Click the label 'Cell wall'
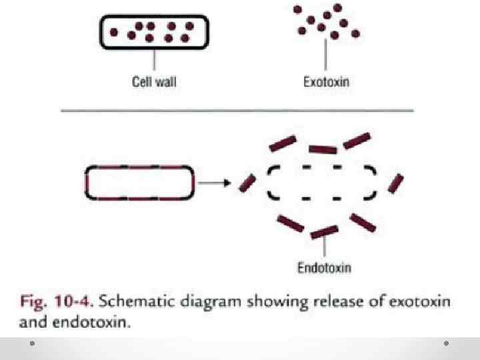155,83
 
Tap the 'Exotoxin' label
326,83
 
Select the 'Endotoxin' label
323,269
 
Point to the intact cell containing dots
155,31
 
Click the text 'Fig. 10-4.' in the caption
57,301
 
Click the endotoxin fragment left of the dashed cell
247,183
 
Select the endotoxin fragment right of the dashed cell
396,183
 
